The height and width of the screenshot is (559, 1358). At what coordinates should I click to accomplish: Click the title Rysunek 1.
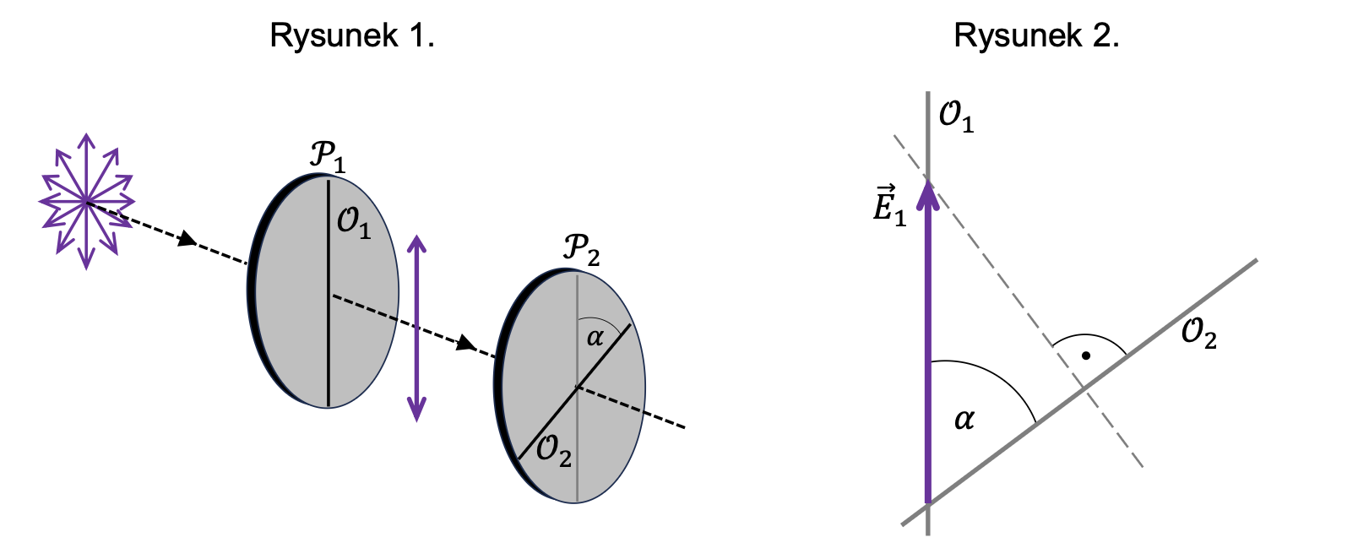coord(352,35)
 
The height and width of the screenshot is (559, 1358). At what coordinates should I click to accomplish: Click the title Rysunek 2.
coord(1036,35)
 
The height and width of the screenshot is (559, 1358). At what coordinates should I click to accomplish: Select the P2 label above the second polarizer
coord(581,249)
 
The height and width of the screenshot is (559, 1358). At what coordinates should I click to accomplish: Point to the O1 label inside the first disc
coord(354,223)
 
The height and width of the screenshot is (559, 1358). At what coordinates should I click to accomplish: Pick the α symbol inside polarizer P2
coord(595,338)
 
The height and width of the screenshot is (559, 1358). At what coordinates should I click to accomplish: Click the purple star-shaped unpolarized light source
coord(86,201)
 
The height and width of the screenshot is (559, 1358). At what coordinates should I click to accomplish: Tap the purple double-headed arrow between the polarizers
coord(416,327)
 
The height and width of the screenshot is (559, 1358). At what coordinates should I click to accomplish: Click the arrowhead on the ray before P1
coord(187,241)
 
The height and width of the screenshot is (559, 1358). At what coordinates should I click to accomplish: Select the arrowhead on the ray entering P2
coord(465,344)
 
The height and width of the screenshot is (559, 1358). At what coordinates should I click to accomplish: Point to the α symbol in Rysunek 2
coord(964,419)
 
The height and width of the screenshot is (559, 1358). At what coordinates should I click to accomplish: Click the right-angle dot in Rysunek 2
coord(1086,355)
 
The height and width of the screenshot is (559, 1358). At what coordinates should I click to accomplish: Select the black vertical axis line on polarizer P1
coord(329,338)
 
